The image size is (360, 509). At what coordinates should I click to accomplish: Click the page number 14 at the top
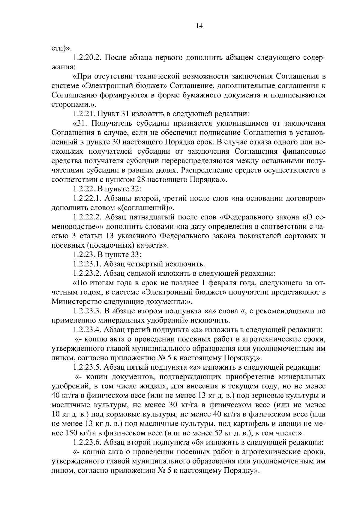pos(199,26)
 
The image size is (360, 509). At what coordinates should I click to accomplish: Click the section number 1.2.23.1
pos(88,264)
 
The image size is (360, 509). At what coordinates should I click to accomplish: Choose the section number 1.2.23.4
pos(88,330)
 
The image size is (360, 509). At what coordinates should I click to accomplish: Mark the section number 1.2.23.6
pos(88,442)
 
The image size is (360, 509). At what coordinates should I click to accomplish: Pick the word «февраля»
pos(222,283)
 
